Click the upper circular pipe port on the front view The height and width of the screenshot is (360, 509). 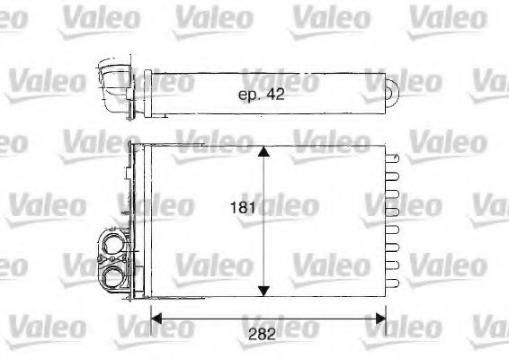point(114,242)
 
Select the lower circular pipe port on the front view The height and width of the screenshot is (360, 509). point(114,274)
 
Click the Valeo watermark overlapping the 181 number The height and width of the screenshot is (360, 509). point(285,207)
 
